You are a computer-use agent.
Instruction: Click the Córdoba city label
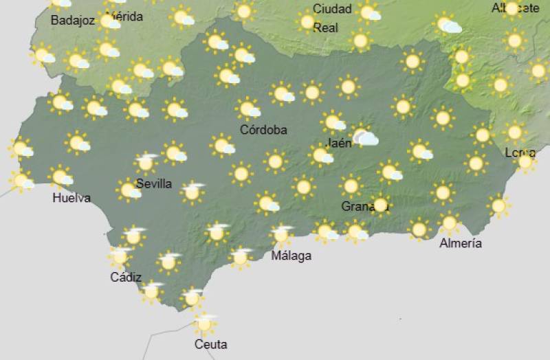click(263, 129)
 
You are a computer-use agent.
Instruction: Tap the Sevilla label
click(154, 183)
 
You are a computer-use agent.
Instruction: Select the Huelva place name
click(71, 199)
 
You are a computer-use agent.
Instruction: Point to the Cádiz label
click(126, 278)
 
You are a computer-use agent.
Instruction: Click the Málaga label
click(291, 256)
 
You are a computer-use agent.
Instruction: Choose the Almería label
click(461, 243)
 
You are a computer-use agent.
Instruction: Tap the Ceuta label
click(210, 344)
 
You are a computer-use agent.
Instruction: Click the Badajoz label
click(72, 21)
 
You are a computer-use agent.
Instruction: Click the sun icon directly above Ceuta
click(204, 323)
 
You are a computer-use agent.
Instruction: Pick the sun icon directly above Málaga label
click(280, 234)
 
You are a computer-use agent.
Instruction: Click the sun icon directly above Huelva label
click(60, 177)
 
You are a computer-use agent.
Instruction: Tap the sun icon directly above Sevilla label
click(146, 164)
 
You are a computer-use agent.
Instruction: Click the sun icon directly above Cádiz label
click(120, 256)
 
